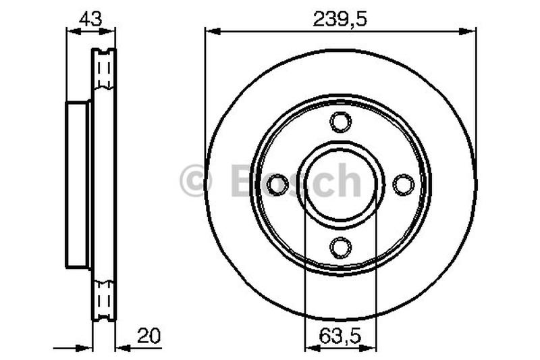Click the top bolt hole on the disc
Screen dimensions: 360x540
pyautogui.click(x=340, y=122)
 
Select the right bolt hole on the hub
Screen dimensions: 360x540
pyautogui.click(x=403, y=183)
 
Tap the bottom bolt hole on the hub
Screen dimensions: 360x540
pyautogui.click(x=340, y=248)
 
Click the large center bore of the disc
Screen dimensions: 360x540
pyautogui.click(x=340, y=184)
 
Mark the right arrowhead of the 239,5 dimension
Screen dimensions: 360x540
pyautogui.click(x=471, y=30)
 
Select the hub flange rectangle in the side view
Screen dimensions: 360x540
pyautogui.click(x=77, y=184)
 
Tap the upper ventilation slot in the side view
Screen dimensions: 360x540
pyautogui.click(x=104, y=70)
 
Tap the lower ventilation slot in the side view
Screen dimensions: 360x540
pyautogui.click(x=104, y=297)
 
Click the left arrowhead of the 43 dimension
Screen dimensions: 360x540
pyautogui.click(x=70, y=30)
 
